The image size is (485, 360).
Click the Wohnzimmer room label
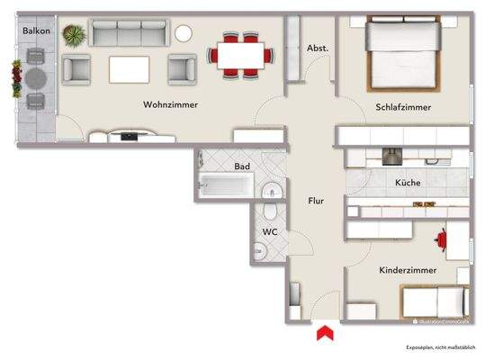click(x=170, y=105)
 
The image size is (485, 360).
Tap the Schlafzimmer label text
click(x=402, y=107)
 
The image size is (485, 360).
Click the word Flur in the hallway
click(x=315, y=201)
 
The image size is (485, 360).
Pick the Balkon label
click(x=36, y=31)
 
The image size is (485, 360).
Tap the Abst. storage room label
click(x=317, y=48)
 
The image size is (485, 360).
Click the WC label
click(x=269, y=231)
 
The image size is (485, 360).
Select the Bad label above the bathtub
click(x=242, y=166)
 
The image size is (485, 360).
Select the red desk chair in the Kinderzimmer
click(x=442, y=239)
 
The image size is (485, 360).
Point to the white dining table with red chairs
click(x=239, y=55)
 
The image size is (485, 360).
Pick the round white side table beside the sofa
click(x=184, y=33)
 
